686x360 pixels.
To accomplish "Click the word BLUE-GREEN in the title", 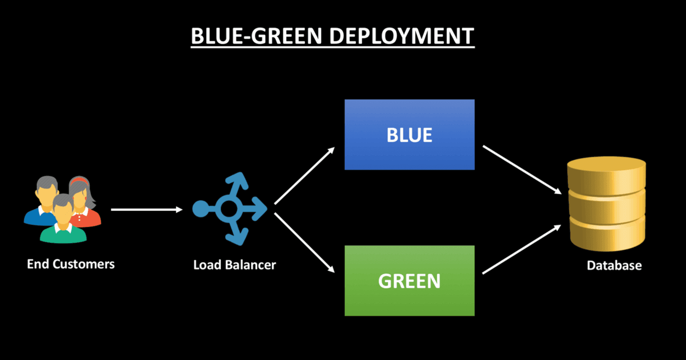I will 256,36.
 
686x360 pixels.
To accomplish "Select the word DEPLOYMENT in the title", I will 402,36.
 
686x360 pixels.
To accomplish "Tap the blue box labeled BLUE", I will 409,135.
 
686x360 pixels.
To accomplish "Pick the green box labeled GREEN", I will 409,281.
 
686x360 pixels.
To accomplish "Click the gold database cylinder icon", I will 606,204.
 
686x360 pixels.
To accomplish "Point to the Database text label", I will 614,265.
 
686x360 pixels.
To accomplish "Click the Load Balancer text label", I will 235,265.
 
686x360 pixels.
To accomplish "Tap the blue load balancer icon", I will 230,209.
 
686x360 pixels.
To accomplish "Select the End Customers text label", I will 71,264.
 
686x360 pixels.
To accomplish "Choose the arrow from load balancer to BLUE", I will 304,176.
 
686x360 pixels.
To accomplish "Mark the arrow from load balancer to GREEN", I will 304,243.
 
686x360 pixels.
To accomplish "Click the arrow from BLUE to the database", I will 522,170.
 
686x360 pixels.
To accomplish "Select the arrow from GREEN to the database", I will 521,249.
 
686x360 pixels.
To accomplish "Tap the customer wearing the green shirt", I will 63,221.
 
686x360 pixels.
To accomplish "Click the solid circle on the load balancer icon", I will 200,209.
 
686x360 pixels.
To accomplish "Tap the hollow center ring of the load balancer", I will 229,209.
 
